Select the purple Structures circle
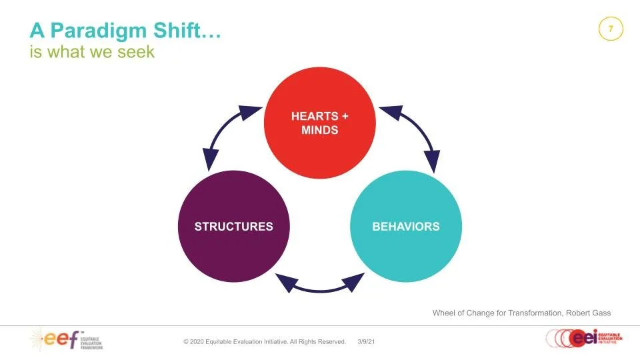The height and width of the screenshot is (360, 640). pyautogui.click(x=233, y=226)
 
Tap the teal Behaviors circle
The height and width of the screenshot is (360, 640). pyautogui.click(x=405, y=226)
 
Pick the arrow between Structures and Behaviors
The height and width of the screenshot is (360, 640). pyautogui.click(x=320, y=285)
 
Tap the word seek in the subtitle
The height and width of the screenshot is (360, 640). pyautogui.click(x=137, y=51)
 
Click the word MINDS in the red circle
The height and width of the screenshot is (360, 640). pyautogui.click(x=320, y=130)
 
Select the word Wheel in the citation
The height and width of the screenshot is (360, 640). pyautogui.click(x=445, y=313)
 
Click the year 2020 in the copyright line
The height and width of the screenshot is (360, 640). pyautogui.click(x=202, y=341)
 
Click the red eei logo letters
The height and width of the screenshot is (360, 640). pyautogui.click(x=579, y=338)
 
